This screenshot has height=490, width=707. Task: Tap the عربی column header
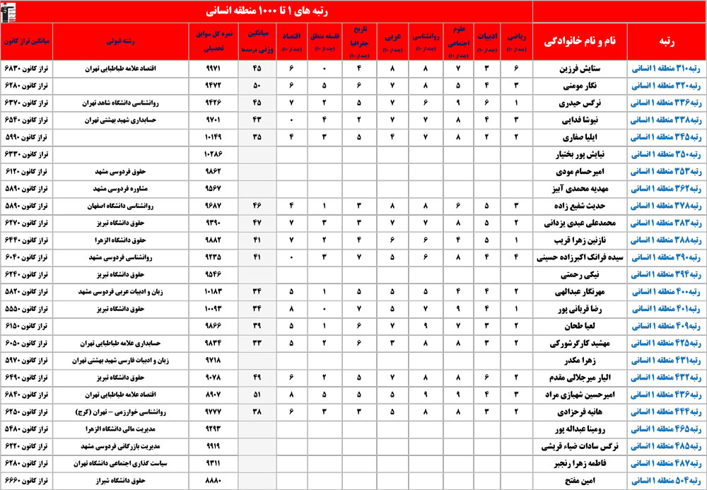point(391,42)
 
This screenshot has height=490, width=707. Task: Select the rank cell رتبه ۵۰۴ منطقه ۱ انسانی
point(665,480)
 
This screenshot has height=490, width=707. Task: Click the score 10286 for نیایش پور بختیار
point(213,153)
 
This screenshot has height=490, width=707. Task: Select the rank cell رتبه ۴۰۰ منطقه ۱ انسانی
point(665,291)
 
